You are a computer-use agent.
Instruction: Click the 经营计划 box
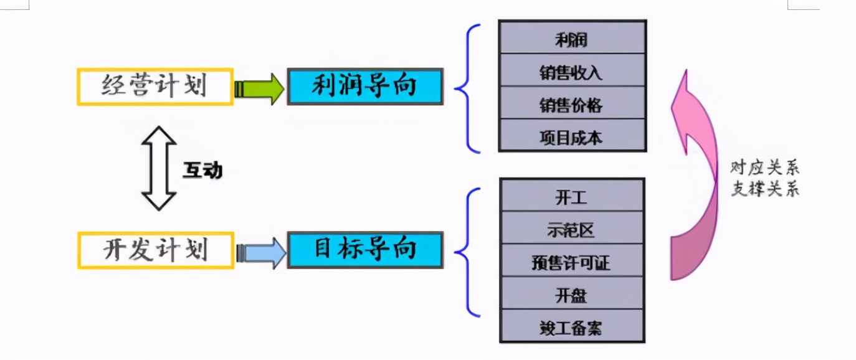155,87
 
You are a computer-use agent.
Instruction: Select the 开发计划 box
155,250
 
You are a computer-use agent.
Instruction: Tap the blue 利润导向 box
364,87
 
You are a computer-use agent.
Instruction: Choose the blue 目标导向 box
364,250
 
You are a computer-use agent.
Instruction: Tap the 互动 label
202,170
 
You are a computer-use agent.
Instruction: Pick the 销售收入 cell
572,72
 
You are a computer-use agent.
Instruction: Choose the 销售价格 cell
572,105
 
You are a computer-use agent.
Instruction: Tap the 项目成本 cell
572,137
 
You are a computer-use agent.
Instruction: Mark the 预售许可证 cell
571,262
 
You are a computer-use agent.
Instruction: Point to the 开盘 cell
571,295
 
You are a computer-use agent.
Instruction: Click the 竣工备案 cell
571,327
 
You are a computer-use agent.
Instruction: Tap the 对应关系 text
764,168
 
